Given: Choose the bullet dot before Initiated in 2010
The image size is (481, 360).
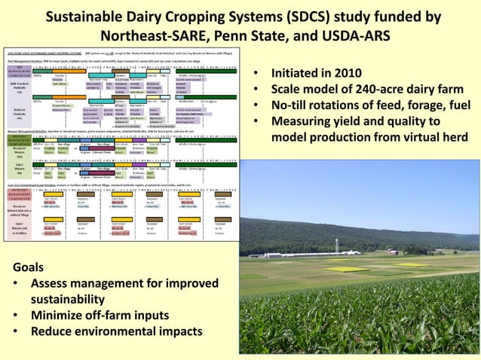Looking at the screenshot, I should pos(257,75).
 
